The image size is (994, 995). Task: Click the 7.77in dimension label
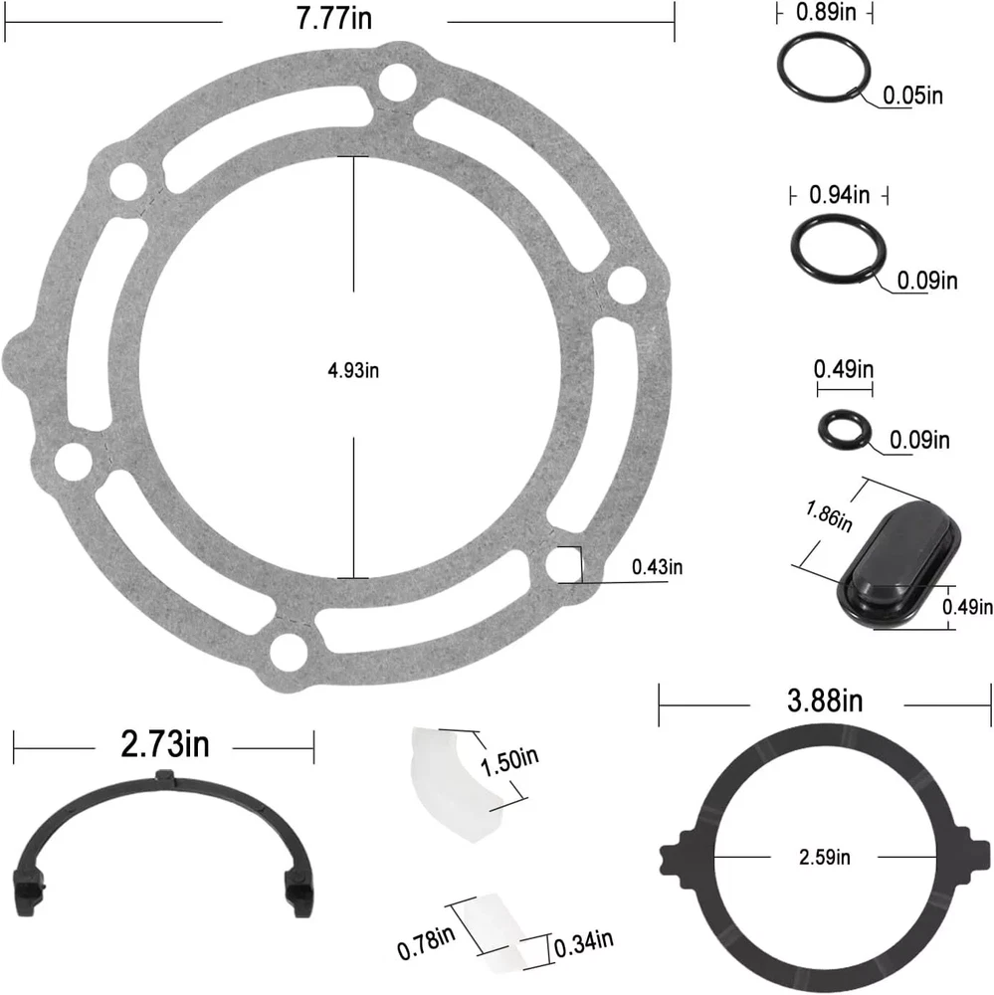[x=334, y=17]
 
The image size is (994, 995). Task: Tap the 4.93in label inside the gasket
[x=353, y=370]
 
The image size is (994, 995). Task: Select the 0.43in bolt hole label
[x=657, y=567]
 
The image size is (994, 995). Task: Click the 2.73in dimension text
[x=165, y=743]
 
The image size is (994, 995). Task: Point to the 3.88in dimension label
[x=825, y=700]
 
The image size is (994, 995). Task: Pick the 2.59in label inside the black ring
[x=824, y=858]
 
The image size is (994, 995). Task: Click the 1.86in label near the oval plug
[x=829, y=515]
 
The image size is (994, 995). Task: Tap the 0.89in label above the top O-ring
[x=826, y=12]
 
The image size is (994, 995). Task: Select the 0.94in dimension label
[x=839, y=195]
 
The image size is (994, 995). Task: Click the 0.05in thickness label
[x=912, y=96]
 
